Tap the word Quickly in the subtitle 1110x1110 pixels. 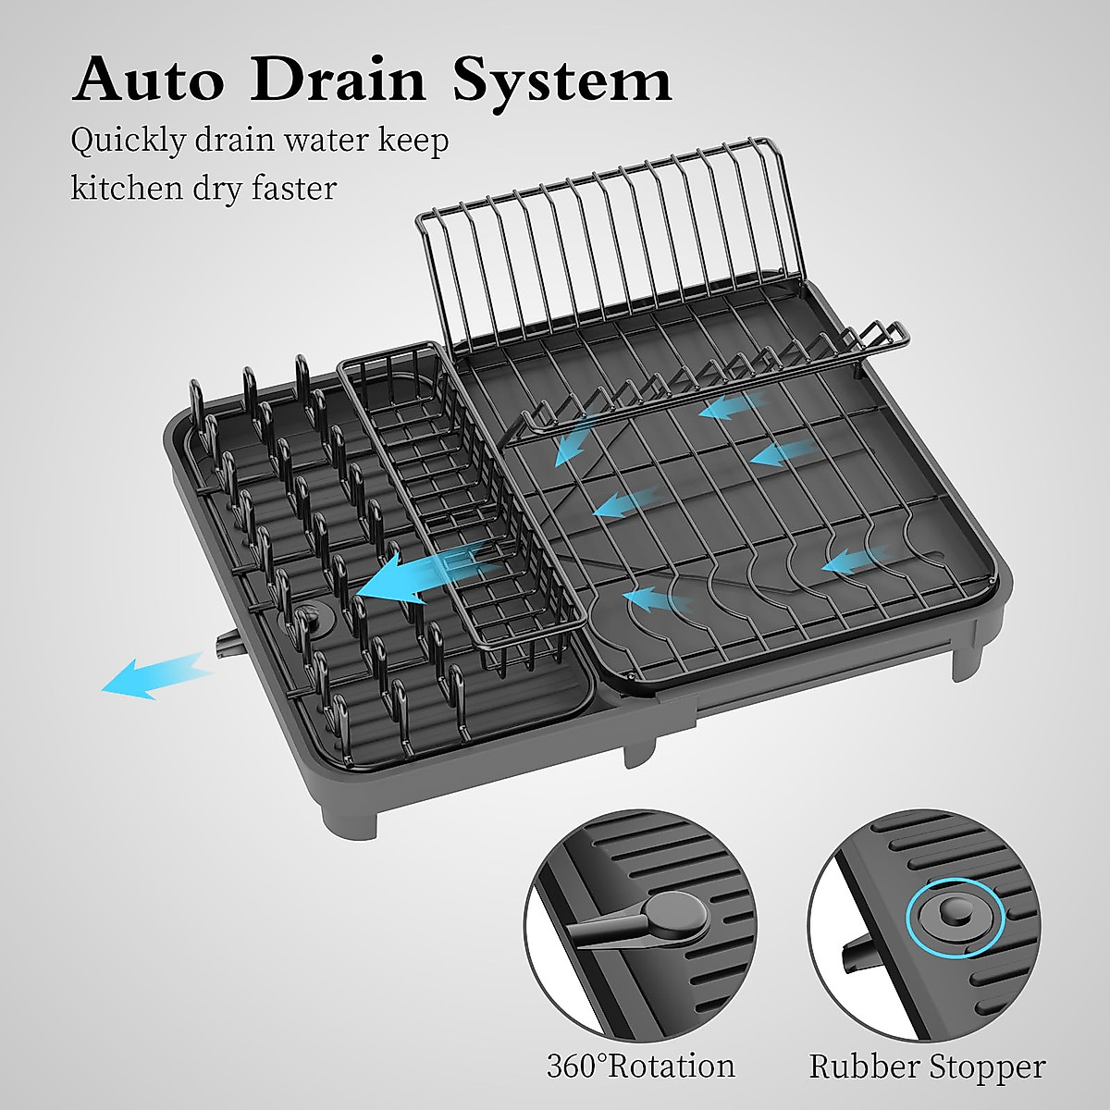[x=130, y=143]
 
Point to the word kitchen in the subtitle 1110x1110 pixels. [x=127, y=188]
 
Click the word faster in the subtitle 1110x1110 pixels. [x=293, y=188]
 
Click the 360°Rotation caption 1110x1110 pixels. [x=640, y=1066]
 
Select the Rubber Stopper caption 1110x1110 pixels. [x=927, y=1066]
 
